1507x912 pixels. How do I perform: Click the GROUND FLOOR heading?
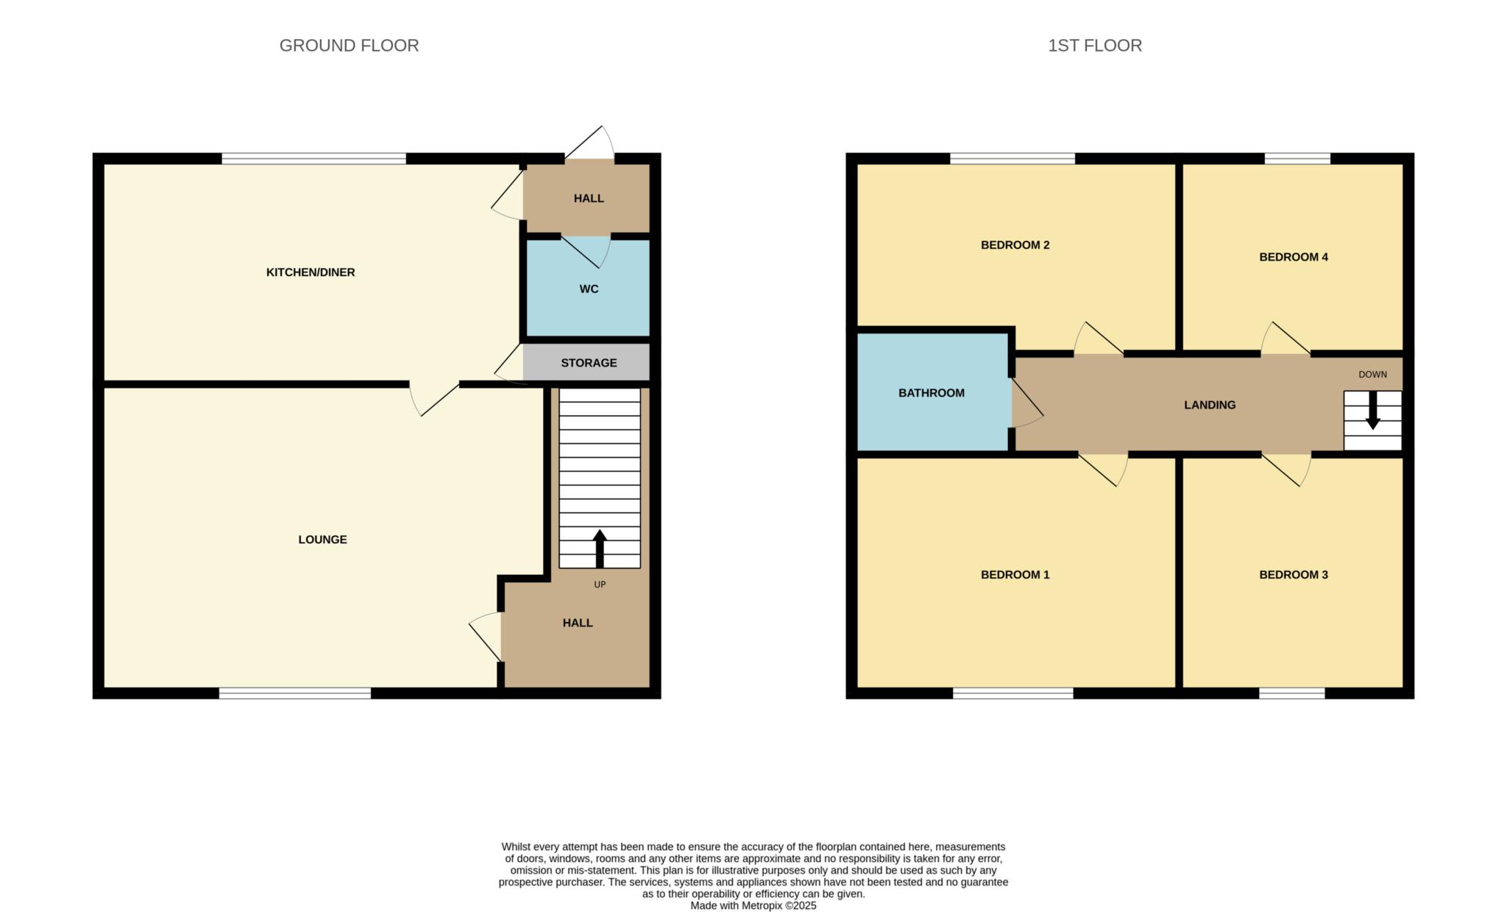click(349, 46)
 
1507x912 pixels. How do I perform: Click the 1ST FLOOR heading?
click(1094, 46)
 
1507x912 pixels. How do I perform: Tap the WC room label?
click(589, 289)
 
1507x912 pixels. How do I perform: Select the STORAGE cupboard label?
click(589, 363)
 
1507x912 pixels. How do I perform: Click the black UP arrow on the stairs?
click(600, 548)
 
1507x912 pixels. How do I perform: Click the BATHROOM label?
click(931, 393)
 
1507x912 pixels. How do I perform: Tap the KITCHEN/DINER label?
click(310, 272)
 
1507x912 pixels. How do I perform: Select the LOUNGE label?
click(322, 540)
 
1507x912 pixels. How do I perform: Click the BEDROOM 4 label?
click(1293, 257)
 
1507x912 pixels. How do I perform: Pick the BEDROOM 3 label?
click(1293, 575)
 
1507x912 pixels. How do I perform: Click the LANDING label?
click(1209, 405)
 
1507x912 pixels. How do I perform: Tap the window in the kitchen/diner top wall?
click(313, 158)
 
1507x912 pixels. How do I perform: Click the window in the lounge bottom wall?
click(294, 693)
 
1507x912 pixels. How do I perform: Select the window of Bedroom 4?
click(1297, 158)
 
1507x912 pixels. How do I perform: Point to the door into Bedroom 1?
click(1102, 468)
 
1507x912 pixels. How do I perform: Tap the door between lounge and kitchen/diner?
click(434, 397)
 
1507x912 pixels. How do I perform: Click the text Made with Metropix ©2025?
click(753, 906)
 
